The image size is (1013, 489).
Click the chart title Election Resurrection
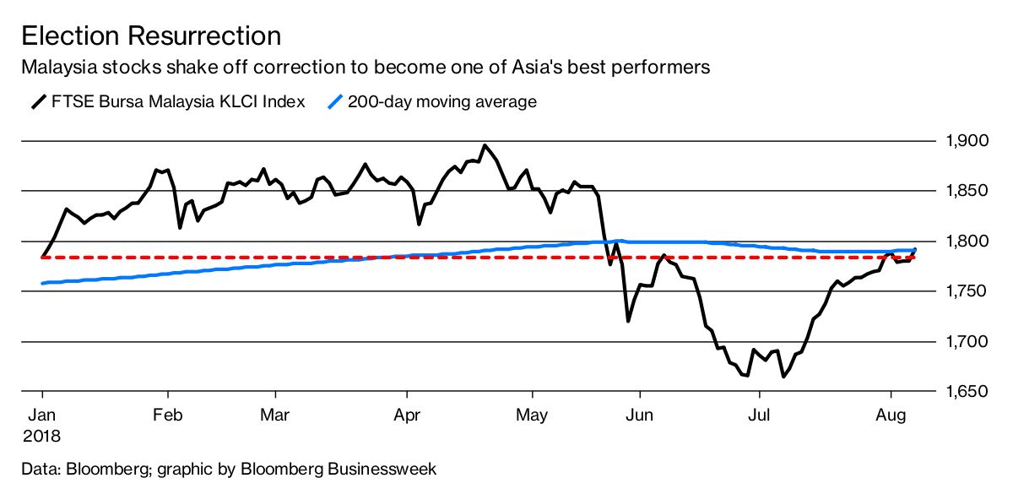pos(151,36)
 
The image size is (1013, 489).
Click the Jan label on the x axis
pos(41,416)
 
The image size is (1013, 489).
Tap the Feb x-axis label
pos(168,416)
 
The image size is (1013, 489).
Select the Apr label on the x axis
pos(408,416)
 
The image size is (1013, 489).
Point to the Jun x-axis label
pos(640,416)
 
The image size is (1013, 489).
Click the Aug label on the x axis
pos(891,416)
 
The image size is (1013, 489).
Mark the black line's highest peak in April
pos(484,145)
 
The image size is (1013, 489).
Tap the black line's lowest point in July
pos(783,377)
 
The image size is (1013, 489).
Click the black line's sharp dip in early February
pos(180,227)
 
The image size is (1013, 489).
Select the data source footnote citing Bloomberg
pos(229,467)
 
